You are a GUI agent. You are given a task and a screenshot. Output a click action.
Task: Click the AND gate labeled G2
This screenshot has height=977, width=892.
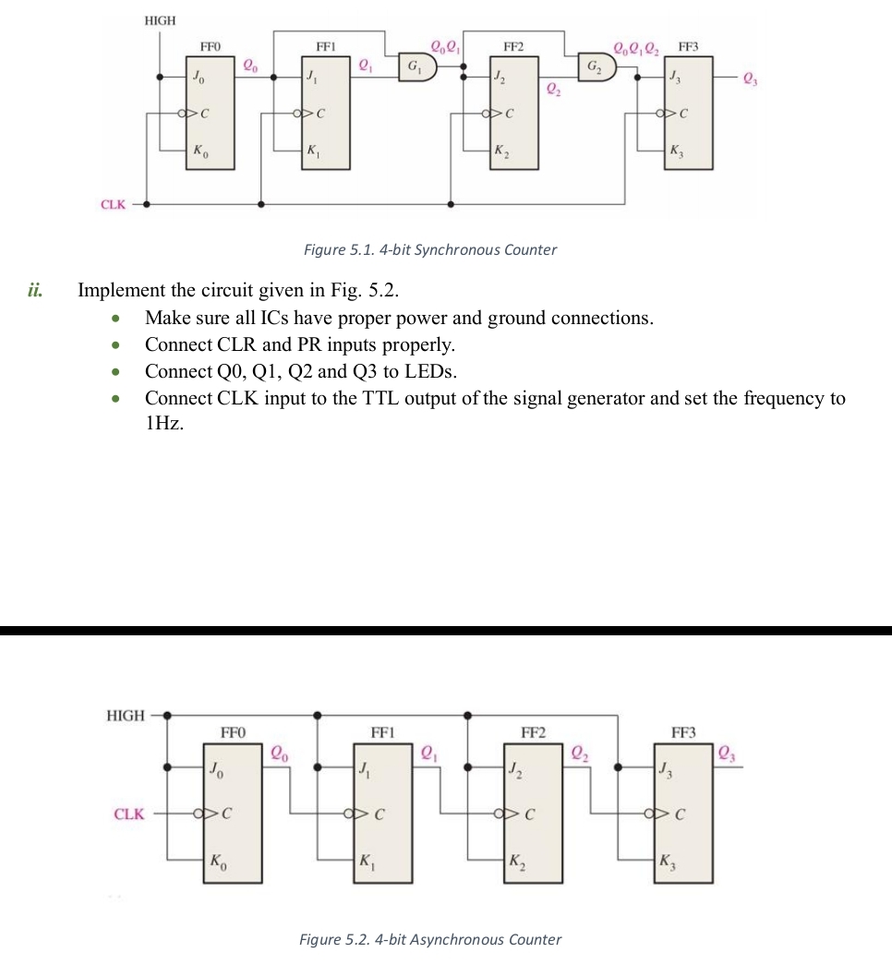[x=592, y=67]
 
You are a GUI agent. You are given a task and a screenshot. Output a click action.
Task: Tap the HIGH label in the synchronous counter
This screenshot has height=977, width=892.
[x=160, y=19]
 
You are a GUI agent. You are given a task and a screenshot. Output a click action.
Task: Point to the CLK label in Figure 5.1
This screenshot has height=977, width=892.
[x=113, y=204]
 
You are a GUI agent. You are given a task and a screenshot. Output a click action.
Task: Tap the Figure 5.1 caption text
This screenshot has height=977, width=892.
[x=430, y=249]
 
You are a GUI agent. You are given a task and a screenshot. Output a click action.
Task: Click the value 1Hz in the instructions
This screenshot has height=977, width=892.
[x=165, y=425]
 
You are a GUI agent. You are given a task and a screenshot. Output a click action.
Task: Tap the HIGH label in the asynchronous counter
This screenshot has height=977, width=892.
[x=126, y=715]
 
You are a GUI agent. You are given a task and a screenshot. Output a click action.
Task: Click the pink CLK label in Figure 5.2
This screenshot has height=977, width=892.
[x=129, y=814]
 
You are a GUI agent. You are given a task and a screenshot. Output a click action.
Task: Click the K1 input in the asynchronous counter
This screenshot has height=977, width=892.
[x=368, y=862]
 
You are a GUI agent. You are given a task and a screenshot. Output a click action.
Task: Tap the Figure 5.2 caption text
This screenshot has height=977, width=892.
[x=430, y=939]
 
